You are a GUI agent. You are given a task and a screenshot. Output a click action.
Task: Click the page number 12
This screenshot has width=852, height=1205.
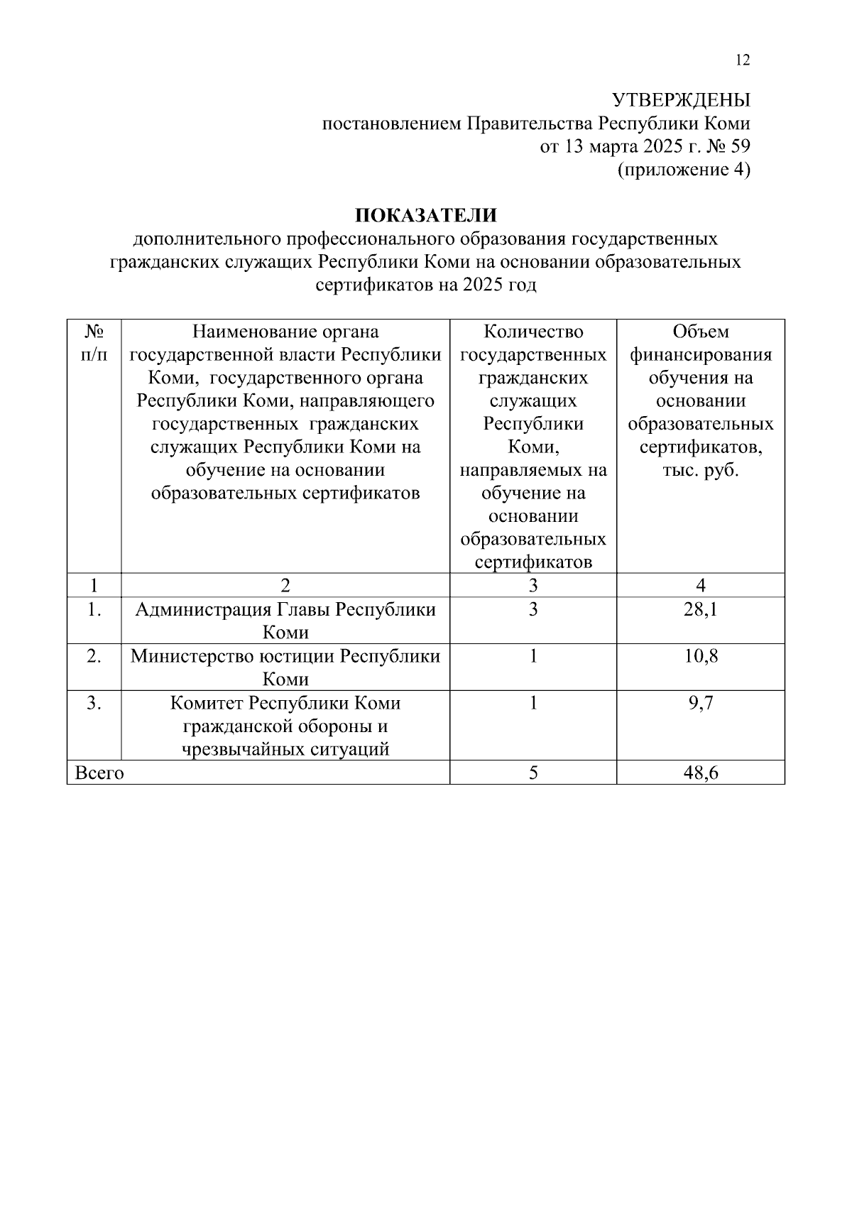pos(742,60)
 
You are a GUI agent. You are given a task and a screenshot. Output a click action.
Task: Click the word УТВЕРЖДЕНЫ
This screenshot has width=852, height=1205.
pos(681,100)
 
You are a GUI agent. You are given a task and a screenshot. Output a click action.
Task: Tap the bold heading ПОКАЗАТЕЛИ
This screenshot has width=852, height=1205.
pos(426,215)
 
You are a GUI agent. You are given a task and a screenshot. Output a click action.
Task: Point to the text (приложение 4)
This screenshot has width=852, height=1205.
pos(684,170)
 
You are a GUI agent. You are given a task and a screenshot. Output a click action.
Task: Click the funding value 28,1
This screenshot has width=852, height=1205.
pos(700,609)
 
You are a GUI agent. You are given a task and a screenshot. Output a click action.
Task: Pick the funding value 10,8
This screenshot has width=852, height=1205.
pos(701,656)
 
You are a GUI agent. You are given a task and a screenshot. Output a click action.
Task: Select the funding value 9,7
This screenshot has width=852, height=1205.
pos(701,703)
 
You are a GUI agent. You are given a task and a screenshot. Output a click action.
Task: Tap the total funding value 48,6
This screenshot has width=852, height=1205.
pos(701,773)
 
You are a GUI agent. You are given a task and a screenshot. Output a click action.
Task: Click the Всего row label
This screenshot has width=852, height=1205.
pos(99,773)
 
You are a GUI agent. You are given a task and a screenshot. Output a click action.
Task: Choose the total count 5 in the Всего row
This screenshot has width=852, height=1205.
pos(533,773)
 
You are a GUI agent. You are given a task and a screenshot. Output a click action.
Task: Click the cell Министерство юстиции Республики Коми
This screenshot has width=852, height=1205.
pos(285,667)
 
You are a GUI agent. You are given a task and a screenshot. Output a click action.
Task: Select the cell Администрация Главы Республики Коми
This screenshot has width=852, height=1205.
pos(285,620)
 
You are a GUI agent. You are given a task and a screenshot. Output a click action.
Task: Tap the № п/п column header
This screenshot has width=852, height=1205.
pos(94,343)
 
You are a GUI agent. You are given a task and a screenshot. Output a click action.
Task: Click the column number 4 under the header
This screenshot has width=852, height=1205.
pos(701,586)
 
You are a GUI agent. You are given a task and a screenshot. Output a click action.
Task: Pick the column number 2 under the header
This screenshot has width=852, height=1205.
pos(285,586)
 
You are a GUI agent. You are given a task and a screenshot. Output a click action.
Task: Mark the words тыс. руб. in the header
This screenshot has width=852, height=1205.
pos(700,471)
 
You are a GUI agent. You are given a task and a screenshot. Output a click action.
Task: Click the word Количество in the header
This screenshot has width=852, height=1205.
pos(533,332)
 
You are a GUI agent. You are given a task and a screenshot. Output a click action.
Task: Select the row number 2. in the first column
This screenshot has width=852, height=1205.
pos(94,656)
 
